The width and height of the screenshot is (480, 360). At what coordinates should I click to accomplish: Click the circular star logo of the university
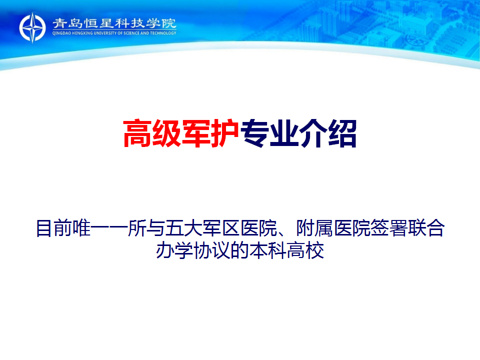32,27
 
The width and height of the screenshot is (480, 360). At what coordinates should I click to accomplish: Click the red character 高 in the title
137,133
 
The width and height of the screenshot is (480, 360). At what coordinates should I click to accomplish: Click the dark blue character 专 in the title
254,133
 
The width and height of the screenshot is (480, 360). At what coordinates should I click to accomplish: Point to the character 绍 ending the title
342,133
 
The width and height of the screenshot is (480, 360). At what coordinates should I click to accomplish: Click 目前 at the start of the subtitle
54,228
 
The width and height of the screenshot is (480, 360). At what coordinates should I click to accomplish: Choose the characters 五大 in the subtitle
184,228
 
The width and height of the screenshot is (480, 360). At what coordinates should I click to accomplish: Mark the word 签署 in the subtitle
389,228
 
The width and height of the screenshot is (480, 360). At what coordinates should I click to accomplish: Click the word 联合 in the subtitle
426,228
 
